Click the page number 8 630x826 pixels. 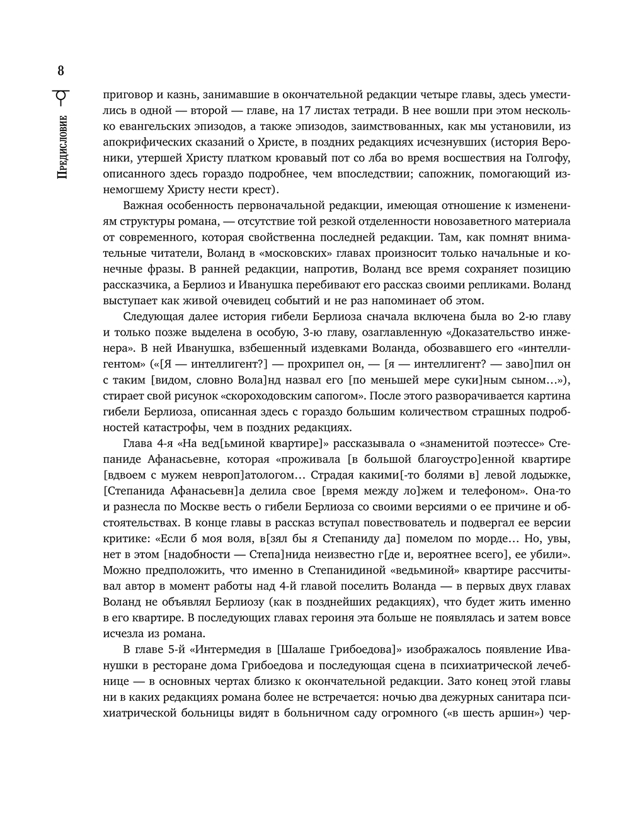(x=61, y=70)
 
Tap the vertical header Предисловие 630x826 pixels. (x=61, y=149)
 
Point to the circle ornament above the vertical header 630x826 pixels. (x=61, y=96)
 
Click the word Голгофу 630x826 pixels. (x=547, y=157)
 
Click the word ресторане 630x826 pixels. (x=180, y=665)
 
